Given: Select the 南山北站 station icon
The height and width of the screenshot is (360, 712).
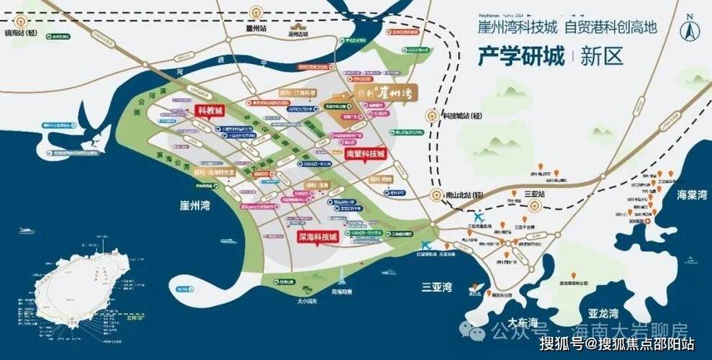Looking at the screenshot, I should coord(436,195).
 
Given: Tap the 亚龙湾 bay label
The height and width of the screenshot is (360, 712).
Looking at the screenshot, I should coord(603,314).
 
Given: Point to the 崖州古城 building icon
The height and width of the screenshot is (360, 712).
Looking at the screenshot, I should coord(296,26).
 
